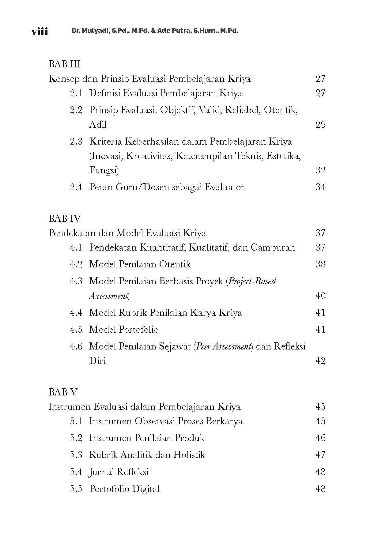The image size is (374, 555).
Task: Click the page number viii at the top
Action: pyautogui.click(x=40, y=31)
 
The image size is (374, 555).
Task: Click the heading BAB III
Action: pyautogui.click(x=64, y=64)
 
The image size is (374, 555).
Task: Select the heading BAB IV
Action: pyautogui.click(x=64, y=218)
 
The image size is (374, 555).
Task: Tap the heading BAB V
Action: pyautogui.click(x=63, y=392)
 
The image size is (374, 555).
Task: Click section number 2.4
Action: pyautogui.click(x=76, y=187)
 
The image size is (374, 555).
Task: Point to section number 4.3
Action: pyautogui.click(x=76, y=281)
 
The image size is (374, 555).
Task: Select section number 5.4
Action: pyautogui.click(x=76, y=472)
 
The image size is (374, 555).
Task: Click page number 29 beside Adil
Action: pyautogui.click(x=320, y=125)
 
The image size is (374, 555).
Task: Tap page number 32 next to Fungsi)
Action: pyautogui.click(x=320, y=170)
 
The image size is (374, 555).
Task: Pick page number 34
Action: pyautogui.click(x=320, y=187)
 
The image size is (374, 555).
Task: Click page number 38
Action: pyautogui.click(x=320, y=264)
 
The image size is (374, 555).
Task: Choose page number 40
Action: pyautogui.click(x=320, y=296)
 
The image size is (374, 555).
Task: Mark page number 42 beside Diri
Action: pyautogui.click(x=320, y=361)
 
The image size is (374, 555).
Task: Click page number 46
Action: pyautogui.click(x=320, y=438)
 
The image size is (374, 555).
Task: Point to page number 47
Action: pyautogui.click(x=320, y=455)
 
